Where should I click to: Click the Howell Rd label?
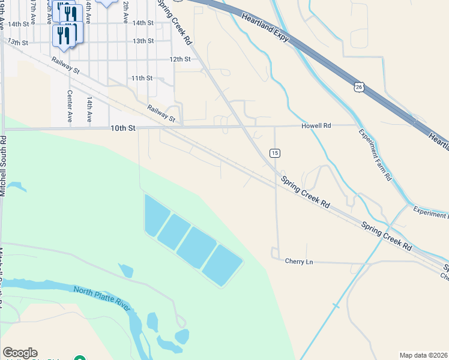point(316,125)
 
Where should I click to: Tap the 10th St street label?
point(124,128)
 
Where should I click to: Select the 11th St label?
point(142,78)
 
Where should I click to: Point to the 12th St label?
point(179,59)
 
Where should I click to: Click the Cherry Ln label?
point(299,262)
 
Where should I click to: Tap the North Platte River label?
point(101,298)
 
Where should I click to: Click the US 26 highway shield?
point(358,87)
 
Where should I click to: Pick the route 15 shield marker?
point(274,153)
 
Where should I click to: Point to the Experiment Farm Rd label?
point(375,155)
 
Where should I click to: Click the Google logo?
point(20,353)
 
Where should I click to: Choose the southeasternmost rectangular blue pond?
point(223,265)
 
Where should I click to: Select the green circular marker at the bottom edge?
point(79,358)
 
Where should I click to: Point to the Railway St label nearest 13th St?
point(65,65)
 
